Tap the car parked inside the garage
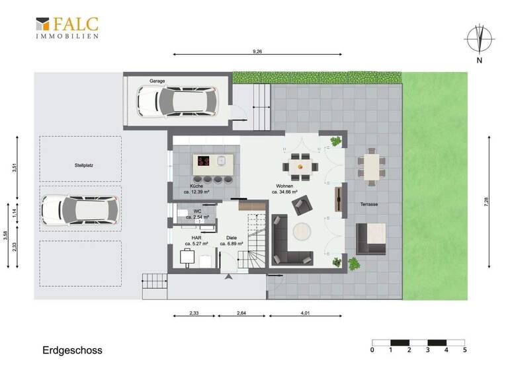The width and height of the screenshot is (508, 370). tap(177, 100)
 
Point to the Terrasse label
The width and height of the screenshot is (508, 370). tap(369, 205)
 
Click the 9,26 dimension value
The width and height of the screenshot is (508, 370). tap(257, 51)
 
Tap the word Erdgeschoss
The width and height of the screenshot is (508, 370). tap(73, 350)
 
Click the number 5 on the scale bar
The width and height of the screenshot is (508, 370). tap(464, 350)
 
